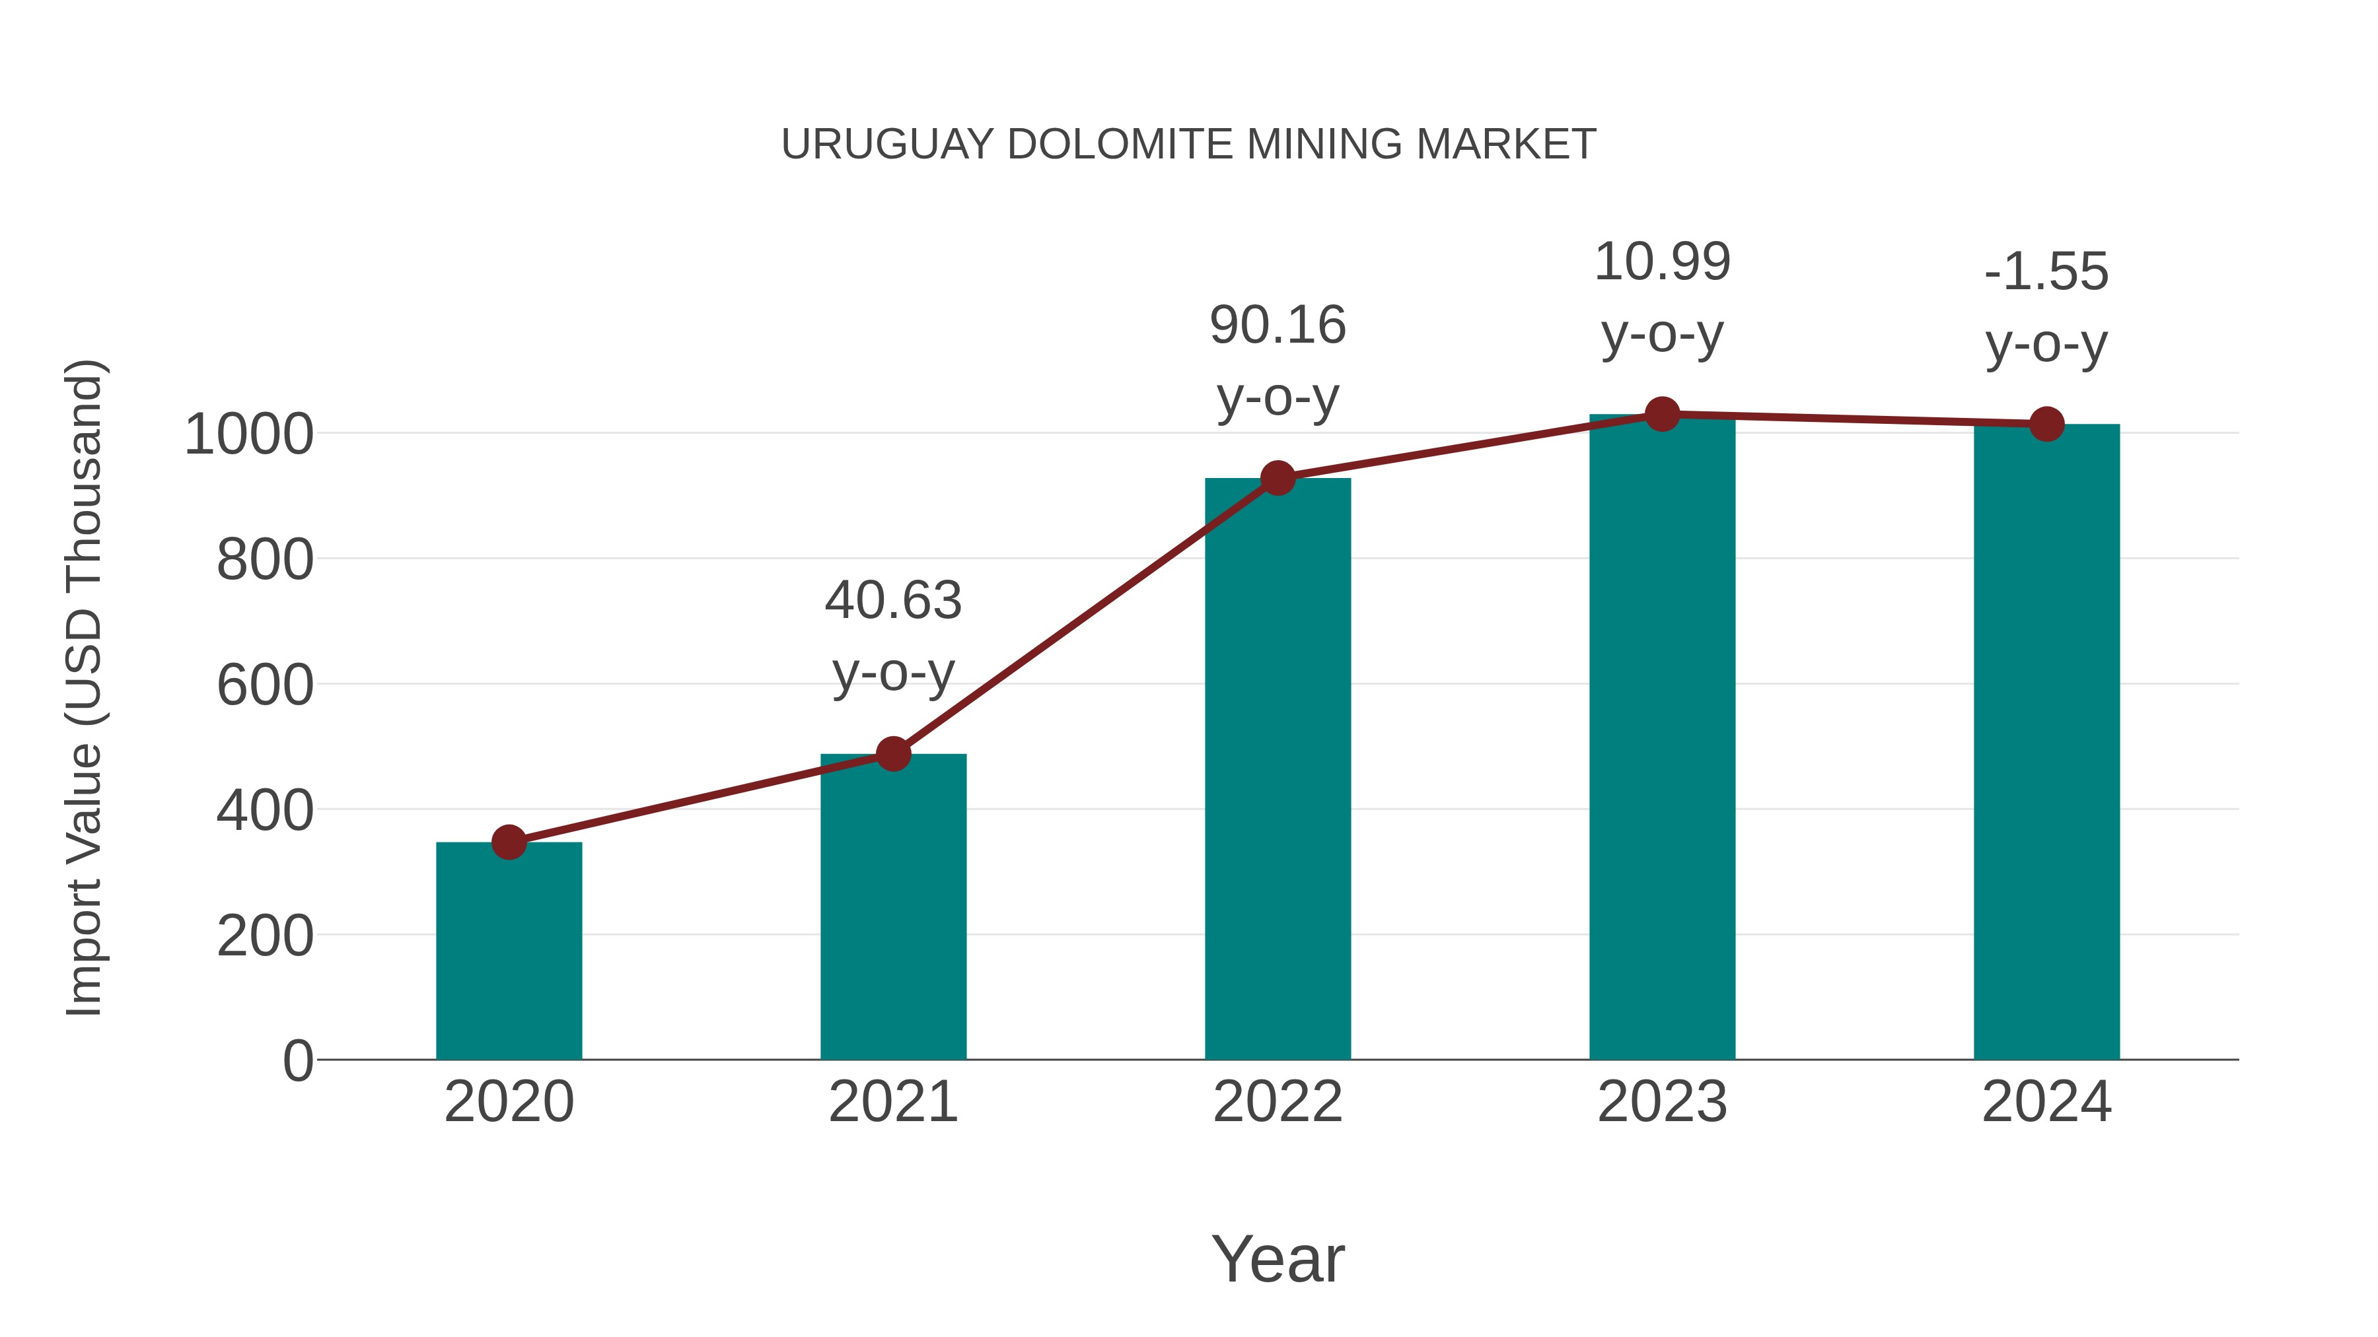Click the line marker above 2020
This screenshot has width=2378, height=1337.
click(509, 842)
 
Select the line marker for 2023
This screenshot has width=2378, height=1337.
click(1662, 414)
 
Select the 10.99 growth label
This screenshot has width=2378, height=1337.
click(1662, 262)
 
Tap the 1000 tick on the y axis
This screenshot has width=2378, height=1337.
click(249, 434)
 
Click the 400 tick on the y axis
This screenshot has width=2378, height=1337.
click(265, 811)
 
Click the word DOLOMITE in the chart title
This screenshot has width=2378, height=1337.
click(1122, 145)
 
